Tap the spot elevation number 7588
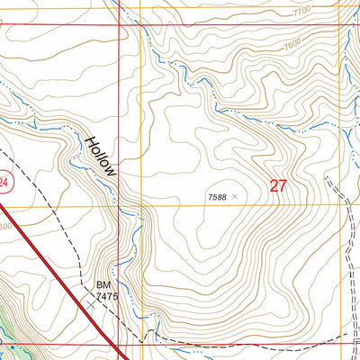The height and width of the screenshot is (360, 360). tap(217, 195)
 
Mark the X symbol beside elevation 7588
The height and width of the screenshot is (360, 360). tap(236, 194)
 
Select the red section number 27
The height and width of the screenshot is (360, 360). tap(278, 186)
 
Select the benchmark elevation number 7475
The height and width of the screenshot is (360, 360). tap(107, 294)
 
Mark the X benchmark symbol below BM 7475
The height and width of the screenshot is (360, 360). tap(91, 304)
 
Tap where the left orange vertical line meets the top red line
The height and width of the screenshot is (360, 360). tap(142, 24)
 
